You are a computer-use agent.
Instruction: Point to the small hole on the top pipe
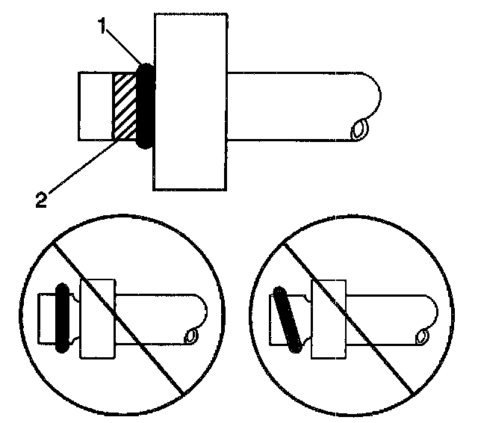click(x=360, y=131)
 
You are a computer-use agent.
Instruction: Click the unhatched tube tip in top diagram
click(x=96, y=106)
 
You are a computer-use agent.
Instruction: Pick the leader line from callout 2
click(x=82, y=167)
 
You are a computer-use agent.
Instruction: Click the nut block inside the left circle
click(x=96, y=318)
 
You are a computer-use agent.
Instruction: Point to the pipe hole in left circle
click(x=191, y=336)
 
